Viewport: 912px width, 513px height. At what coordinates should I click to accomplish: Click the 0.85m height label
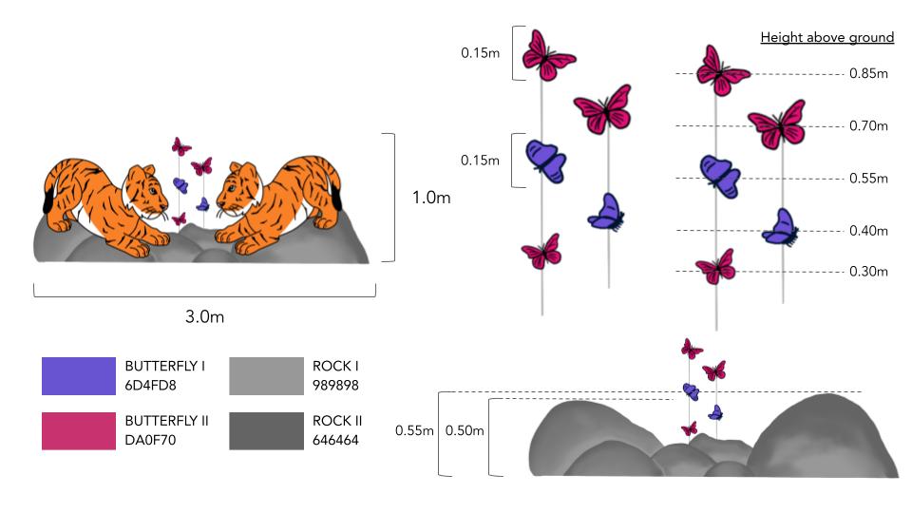(868, 73)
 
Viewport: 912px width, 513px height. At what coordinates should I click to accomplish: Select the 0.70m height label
(868, 125)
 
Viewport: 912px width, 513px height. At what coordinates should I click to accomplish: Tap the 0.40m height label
(868, 230)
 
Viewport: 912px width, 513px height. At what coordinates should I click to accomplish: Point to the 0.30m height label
(868, 272)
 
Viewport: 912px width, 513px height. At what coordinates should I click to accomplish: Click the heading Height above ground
(826, 38)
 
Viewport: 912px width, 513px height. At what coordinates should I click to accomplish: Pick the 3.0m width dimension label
(204, 316)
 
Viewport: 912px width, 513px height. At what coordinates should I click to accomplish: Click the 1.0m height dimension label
(431, 199)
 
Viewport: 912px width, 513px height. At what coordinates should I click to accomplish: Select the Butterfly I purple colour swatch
(78, 375)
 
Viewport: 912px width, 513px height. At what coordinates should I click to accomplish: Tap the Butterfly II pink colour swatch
(78, 430)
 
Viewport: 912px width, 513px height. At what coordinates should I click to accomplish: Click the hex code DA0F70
(146, 440)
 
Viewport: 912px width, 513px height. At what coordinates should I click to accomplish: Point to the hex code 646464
(335, 440)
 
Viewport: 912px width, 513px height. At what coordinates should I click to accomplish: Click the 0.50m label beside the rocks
(465, 431)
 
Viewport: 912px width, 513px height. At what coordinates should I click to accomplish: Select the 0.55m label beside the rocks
(414, 431)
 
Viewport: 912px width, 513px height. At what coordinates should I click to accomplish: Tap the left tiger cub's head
(142, 193)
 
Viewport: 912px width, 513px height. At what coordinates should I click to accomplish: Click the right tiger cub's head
(236, 193)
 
